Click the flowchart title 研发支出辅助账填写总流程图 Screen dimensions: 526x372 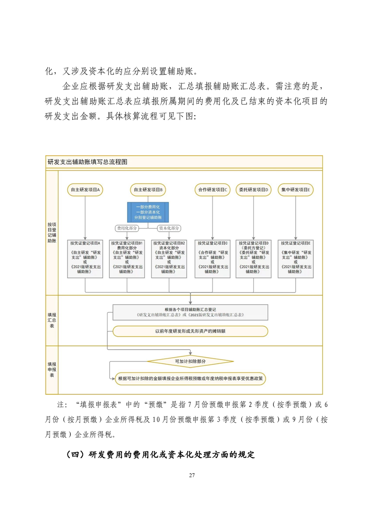pos(87,162)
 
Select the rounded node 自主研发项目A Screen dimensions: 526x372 pos(85,189)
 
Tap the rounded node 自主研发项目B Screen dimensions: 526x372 pos(148,189)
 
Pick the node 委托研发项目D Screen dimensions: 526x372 pos(253,189)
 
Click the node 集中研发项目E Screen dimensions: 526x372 pos(296,189)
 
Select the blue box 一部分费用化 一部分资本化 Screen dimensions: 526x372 pos(148,212)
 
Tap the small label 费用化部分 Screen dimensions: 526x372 pos(127,228)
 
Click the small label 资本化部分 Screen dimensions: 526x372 pos(169,228)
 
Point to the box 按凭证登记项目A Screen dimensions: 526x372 pos(85,257)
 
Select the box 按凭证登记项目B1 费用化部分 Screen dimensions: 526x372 pos(127,257)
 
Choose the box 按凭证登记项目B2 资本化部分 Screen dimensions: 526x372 pos(169,257)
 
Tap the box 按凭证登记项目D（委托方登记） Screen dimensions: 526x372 pos(253,257)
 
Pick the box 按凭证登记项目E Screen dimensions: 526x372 pos(296,257)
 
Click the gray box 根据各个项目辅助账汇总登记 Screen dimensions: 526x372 pos(190,312)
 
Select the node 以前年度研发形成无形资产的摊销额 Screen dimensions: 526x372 pos(190,331)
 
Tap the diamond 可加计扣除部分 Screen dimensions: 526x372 pos(190,361)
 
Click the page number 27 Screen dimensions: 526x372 pos(192,475)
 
